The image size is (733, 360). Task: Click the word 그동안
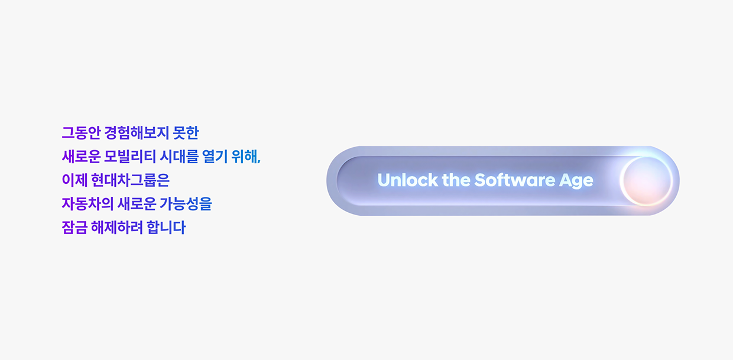[x=81, y=133]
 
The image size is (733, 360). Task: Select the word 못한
[x=186, y=133]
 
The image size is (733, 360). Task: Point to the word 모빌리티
[x=130, y=157]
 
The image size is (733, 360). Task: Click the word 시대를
[x=179, y=157]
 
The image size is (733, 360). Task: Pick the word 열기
[x=215, y=157]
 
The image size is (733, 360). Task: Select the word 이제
[x=74, y=180]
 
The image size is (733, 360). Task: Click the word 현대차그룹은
[x=130, y=180]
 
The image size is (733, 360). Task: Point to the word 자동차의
[x=87, y=204]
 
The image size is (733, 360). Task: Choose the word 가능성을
[x=186, y=204]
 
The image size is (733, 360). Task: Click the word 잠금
[x=74, y=228]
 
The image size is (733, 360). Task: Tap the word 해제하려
[x=117, y=228]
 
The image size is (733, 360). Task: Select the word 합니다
[x=166, y=228]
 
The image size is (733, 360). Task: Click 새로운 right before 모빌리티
[x=81, y=157]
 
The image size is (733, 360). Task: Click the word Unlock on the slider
[x=407, y=180]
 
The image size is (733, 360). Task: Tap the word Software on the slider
[x=515, y=180]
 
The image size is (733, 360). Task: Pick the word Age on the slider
[x=576, y=181]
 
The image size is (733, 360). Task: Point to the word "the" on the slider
[x=456, y=180]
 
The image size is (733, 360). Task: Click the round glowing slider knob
[x=647, y=181]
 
